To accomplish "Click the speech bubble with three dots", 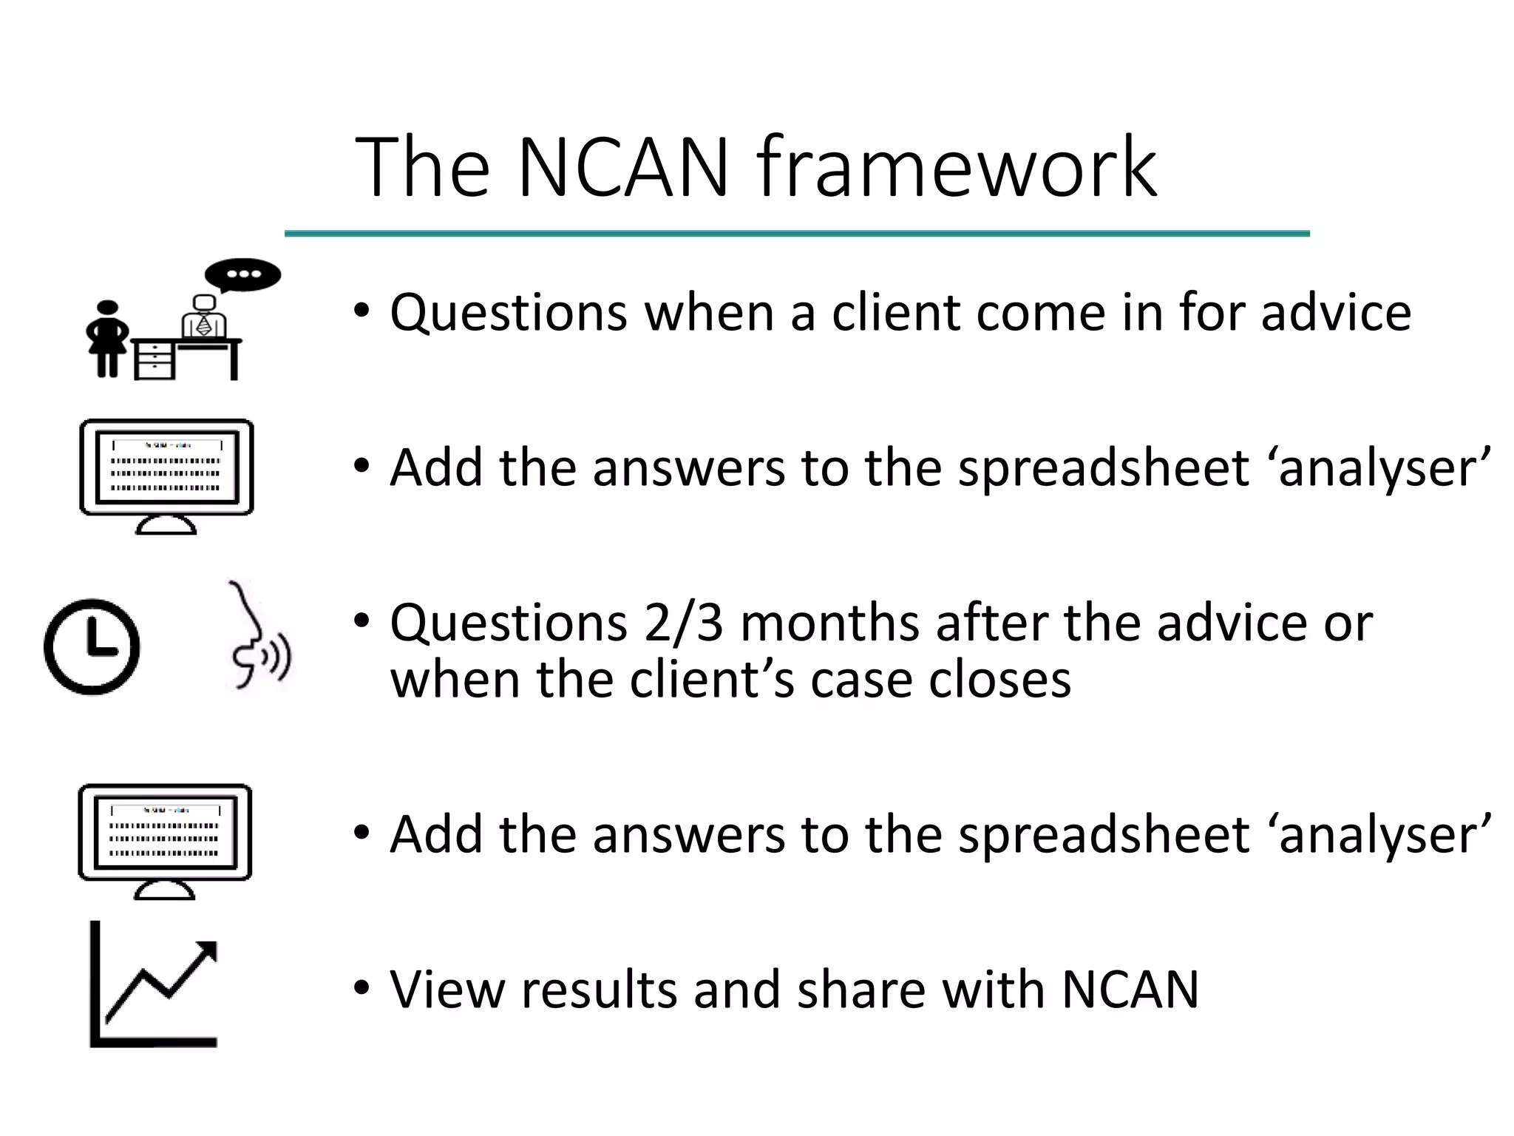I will coord(243,275).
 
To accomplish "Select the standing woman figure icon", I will coord(108,339).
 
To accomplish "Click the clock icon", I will coord(92,646).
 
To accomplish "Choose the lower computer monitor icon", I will coord(165,840).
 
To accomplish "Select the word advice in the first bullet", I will coord(1336,312).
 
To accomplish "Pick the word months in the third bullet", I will coord(831,623).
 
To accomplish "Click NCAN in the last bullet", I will coord(1130,990).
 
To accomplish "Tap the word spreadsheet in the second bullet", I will coord(1101,469).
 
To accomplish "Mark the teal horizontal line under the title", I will coord(797,234).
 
